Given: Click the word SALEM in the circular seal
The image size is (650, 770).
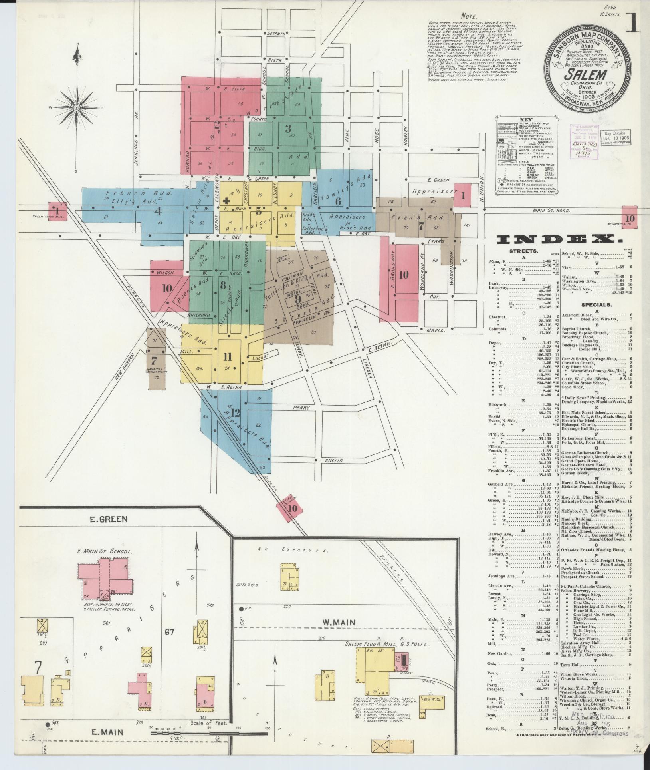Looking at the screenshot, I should pos(585,75).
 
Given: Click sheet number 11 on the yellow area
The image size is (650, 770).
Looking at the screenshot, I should pos(228,357).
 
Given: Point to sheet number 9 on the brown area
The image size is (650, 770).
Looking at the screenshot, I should pos(297,298).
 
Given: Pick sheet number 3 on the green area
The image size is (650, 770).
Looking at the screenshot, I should pos(287,129).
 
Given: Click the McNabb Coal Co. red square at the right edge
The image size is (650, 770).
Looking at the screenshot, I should pos(630,218).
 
